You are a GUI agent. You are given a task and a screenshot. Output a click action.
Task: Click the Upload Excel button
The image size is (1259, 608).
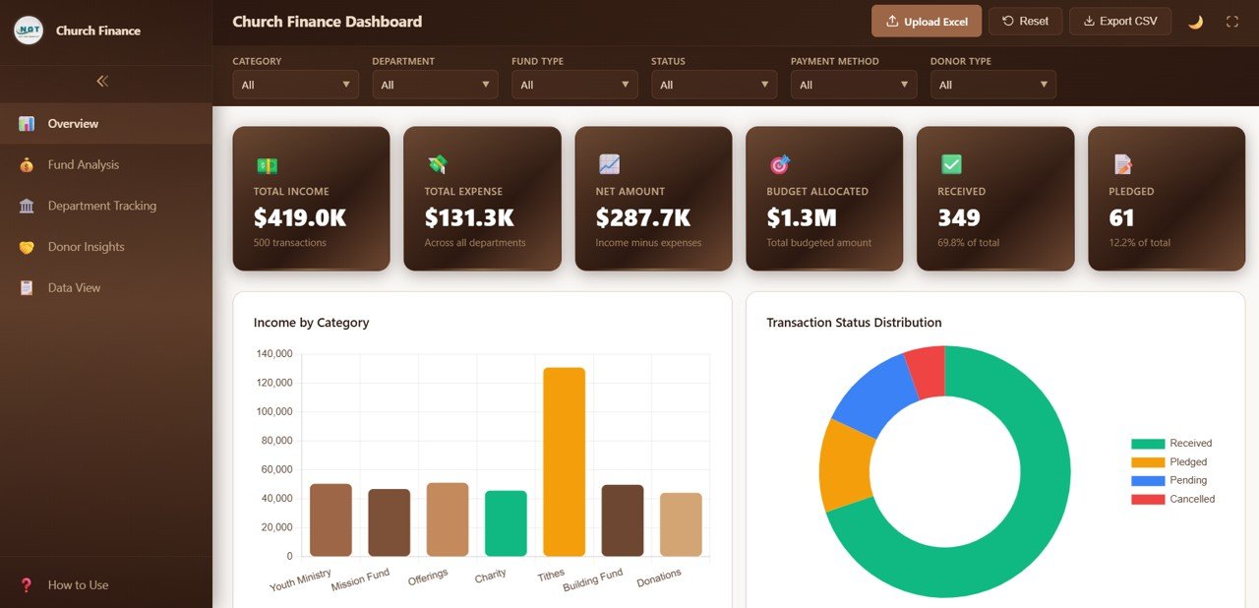[x=927, y=21]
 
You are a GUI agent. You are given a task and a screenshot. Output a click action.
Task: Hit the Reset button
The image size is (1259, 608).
[x=1025, y=21]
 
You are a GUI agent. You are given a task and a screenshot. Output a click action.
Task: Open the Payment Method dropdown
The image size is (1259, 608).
[x=853, y=85]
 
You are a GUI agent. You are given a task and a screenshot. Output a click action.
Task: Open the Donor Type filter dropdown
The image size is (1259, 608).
[x=992, y=85]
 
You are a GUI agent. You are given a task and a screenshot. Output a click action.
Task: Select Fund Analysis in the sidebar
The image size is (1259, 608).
[x=84, y=164]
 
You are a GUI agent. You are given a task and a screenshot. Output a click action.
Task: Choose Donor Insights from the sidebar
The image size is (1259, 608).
[x=86, y=247]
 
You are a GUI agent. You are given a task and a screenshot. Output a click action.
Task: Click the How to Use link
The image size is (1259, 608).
[x=78, y=584]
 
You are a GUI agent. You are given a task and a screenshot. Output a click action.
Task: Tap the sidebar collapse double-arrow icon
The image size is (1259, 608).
[x=102, y=82]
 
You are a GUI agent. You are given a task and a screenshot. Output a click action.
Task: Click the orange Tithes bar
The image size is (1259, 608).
[x=564, y=462]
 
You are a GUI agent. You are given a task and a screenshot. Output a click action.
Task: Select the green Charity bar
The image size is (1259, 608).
[x=506, y=523]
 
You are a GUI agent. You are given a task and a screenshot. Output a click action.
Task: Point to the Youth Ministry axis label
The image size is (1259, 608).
[x=300, y=579]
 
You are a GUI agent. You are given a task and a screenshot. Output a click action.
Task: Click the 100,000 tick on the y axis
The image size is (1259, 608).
[x=274, y=411]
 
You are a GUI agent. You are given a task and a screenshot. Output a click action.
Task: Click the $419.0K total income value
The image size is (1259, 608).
[x=300, y=217]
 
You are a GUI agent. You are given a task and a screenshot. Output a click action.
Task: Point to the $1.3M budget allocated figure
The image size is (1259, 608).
[x=802, y=217]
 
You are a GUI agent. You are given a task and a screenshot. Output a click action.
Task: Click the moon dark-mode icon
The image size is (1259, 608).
[x=1195, y=22]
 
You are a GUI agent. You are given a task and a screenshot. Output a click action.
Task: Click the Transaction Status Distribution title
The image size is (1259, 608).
[x=854, y=323]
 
